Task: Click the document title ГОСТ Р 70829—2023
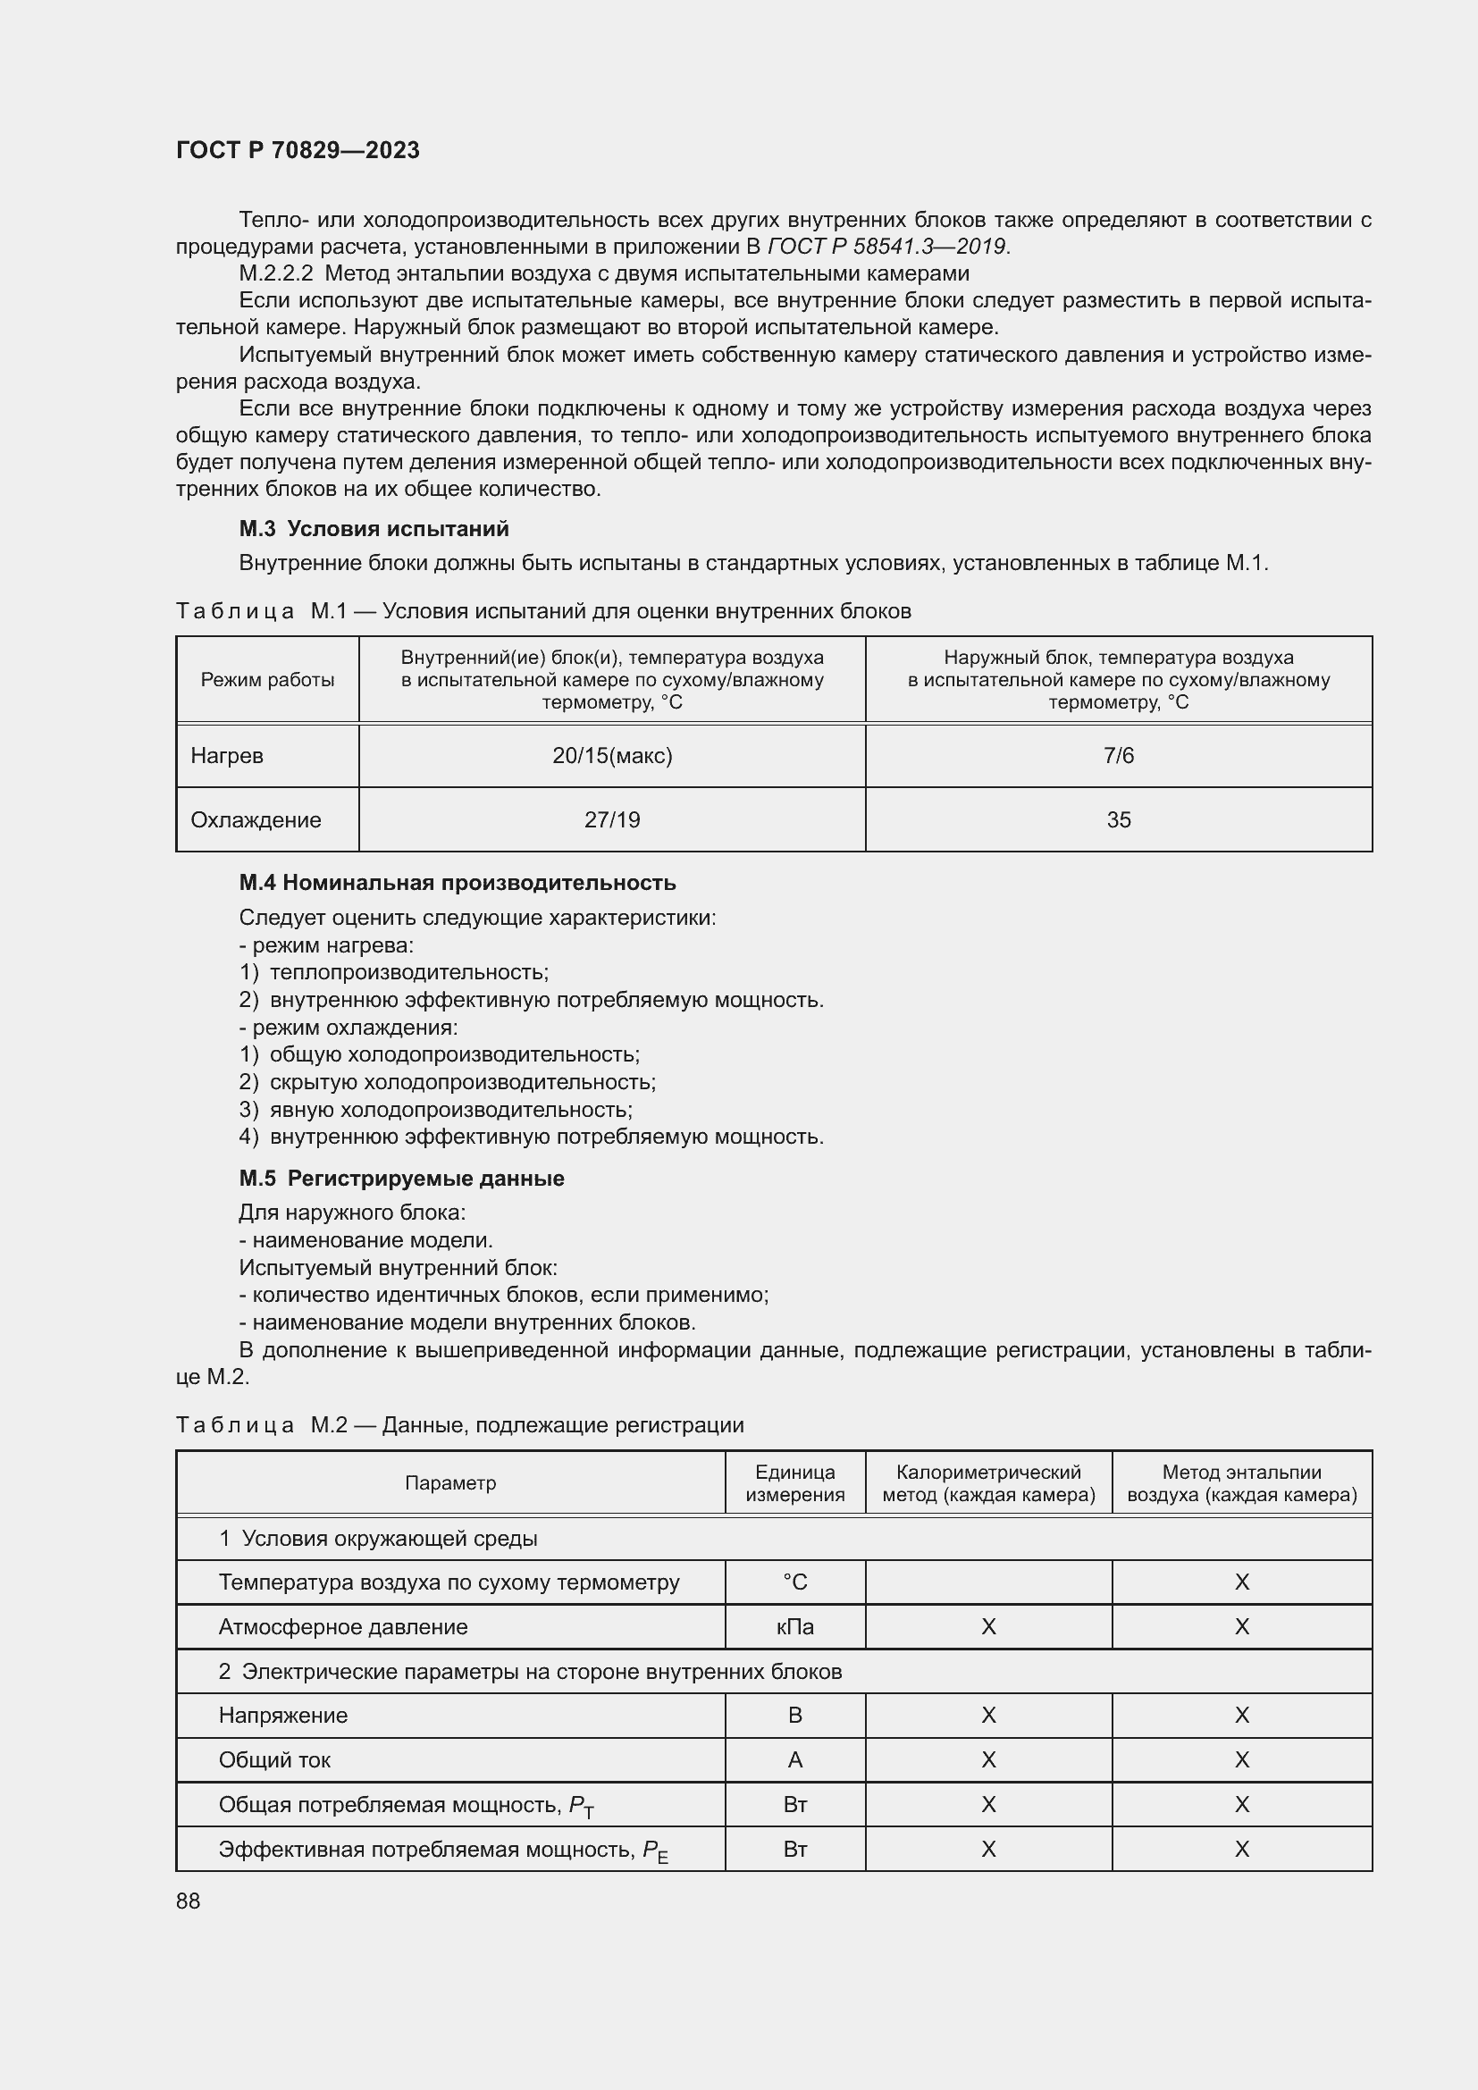click(x=298, y=150)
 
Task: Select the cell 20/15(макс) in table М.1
click(x=611, y=756)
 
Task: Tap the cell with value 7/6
click(x=1118, y=756)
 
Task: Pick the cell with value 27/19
click(x=611, y=820)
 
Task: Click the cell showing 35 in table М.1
click(x=1118, y=820)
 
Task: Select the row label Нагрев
click(x=228, y=756)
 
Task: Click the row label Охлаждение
click(x=256, y=820)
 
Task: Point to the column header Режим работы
click(x=267, y=680)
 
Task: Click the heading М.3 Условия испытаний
click(x=374, y=529)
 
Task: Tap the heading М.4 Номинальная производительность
click(x=457, y=883)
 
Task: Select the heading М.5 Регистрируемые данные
click(x=401, y=1179)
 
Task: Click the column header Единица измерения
click(x=794, y=1484)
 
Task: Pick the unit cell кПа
click(x=794, y=1626)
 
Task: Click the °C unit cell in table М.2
click(x=794, y=1582)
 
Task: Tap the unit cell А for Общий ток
click(x=794, y=1759)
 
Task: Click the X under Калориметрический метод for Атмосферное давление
click(x=988, y=1626)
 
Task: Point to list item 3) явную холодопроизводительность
click(x=436, y=1110)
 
